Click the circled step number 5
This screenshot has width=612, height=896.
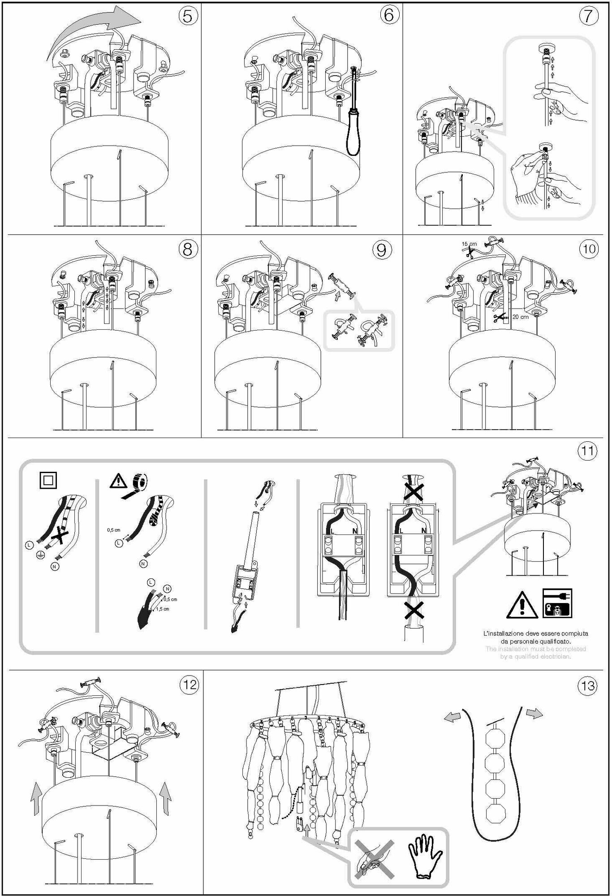(188, 16)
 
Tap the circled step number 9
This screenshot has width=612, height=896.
(381, 250)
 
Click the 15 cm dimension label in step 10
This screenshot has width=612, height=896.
(469, 244)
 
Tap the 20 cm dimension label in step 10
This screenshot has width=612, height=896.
(521, 317)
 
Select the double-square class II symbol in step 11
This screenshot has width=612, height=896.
(48, 481)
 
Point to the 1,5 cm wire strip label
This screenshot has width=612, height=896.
(163, 609)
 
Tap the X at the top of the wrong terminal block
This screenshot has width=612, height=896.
(414, 492)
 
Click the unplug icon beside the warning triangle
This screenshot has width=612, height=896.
(557, 603)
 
